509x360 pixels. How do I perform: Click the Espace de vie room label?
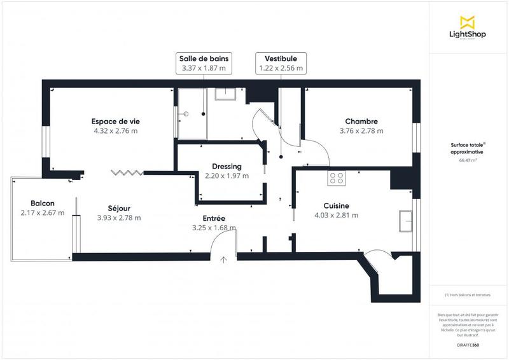tap(115, 121)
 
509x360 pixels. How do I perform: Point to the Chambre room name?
tap(361, 121)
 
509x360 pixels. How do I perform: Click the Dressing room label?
tap(227, 167)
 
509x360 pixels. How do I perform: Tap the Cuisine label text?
tap(336, 205)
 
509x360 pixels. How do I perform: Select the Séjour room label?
tap(119, 208)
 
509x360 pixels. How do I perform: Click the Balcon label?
tap(42, 204)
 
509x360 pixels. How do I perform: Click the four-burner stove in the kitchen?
tap(336, 179)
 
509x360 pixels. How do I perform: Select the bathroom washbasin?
tap(226, 94)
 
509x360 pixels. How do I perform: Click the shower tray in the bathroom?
tap(192, 114)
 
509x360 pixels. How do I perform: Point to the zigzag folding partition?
tap(127, 172)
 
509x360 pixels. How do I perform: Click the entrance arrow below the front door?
tap(223, 259)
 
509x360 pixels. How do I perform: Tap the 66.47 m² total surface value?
tap(468, 161)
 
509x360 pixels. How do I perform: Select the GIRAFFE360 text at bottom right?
tap(468, 345)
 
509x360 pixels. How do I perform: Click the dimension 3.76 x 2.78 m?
tap(361, 131)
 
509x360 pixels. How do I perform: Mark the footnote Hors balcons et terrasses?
tap(468, 294)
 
